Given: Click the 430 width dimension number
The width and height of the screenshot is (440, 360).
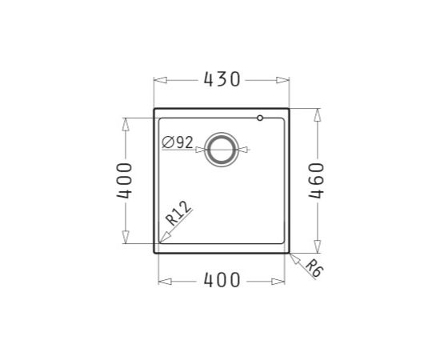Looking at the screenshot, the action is click(222, 79).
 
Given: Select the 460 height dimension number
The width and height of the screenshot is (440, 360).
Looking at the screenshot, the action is click(317, 181).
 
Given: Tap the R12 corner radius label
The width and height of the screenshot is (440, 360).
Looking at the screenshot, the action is click(178, 214).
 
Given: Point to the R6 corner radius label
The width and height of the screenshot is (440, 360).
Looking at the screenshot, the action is click(314, 268).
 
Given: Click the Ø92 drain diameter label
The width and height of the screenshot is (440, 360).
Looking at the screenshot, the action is click(178, 142).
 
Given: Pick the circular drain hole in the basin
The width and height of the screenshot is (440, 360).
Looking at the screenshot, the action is click(222, 150).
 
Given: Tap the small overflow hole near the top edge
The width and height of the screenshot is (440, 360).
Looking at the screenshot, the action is click(260, 118).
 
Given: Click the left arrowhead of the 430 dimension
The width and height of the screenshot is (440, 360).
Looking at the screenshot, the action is click(161, 80).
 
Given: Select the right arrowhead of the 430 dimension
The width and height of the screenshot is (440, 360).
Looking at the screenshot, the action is click(282, 80).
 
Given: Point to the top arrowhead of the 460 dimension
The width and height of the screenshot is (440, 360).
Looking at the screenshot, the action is click(317, 114).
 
